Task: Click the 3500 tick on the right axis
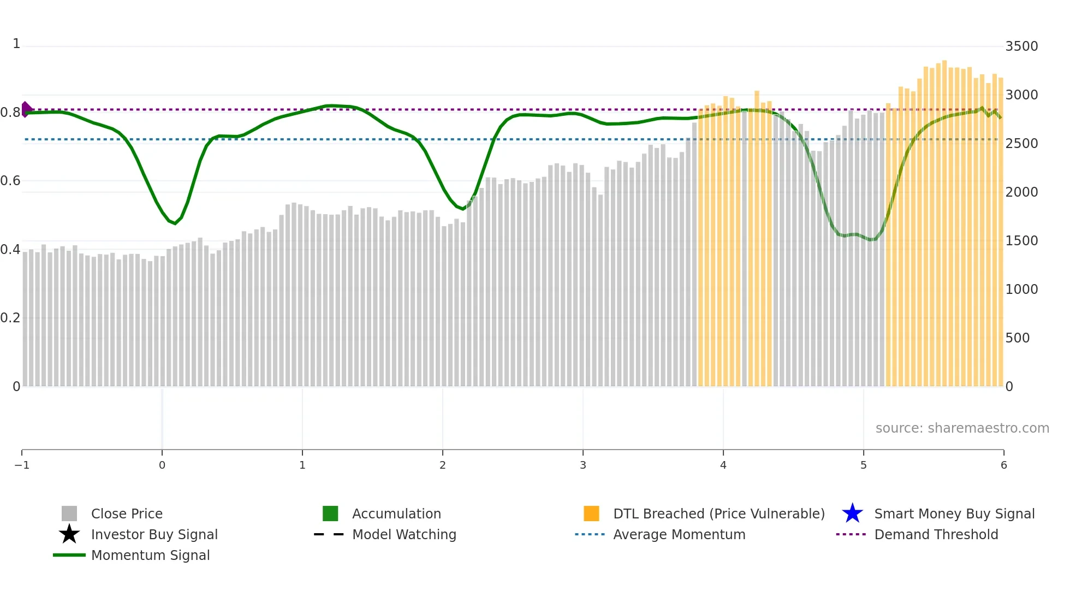click(1021, 46)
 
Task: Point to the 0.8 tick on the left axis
click(10, 113)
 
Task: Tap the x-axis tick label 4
click(723, 465)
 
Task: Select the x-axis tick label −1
click(22, 465)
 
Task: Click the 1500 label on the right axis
click(1021, 241)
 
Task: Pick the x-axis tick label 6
click(1003, 465)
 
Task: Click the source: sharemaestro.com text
click(962, 428)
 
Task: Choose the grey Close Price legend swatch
click(69, 514)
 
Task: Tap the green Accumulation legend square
click(330, 514)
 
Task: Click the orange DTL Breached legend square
click(591, 514)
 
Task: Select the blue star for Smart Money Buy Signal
click(852, 514)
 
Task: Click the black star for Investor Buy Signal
click(69, 534)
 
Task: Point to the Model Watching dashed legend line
click(329, 534)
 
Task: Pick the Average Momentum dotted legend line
click(590, 534)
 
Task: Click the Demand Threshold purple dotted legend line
click(851, 534)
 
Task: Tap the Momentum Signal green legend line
click(69, 555)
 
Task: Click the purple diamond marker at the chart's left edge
click(26, 109)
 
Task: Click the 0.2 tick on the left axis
click(10, 318)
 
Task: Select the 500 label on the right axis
click(1018, 338)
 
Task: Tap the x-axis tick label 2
click(443, 465)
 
